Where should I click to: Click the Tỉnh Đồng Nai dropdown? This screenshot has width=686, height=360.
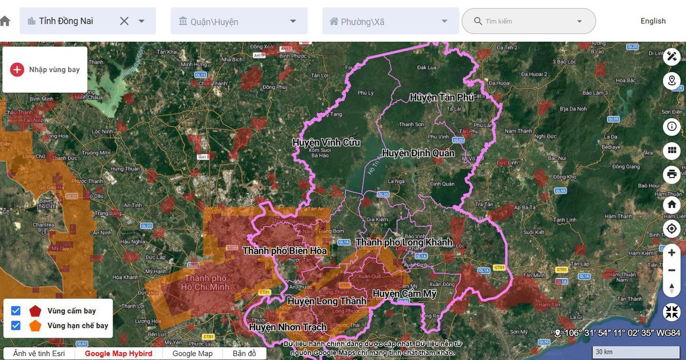(x=80, y=21)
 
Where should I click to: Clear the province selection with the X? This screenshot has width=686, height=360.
(x=124, y=21)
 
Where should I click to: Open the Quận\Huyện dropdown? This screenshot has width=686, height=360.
(x=239, y=21)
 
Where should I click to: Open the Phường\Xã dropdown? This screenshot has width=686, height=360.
(x=390, y=21)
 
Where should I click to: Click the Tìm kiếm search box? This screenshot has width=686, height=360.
(x=528, y=21)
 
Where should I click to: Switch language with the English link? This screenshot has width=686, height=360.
(x=653, y=21)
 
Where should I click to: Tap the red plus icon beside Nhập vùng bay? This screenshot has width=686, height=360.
(x=17, y=70)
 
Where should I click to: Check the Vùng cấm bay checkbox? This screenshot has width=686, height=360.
(x=16, y=311)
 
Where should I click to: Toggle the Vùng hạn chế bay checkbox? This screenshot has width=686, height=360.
(x=16, y=326)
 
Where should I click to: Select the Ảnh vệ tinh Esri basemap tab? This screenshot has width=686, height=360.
(x=39, y=354)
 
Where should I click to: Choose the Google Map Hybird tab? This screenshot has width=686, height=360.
(x=118, y=354)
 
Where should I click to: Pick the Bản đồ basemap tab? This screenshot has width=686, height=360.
(x=244, y=354)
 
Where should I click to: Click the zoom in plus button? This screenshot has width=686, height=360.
(x=672, y=253)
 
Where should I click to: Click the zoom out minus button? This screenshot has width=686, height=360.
(x=672, y=270)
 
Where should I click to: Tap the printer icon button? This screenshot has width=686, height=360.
(x=672, y=174)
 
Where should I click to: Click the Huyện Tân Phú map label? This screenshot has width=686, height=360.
(x=442, y=98)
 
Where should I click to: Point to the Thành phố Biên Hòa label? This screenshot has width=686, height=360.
(x=285, y=251)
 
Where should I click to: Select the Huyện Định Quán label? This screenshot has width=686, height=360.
(x=418, y=153)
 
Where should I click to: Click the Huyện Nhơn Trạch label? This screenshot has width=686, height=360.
(x=288, y=327)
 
